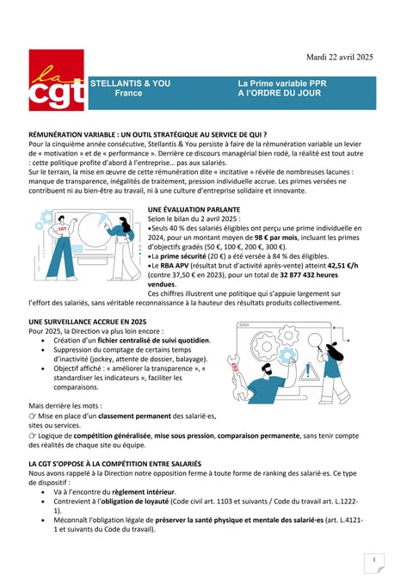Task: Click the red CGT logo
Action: (x=56, y=80)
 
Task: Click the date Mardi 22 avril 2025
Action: (x=340, y=57)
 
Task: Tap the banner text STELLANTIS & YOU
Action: (x=130, y=83)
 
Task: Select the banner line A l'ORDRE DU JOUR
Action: (x=280, y=93)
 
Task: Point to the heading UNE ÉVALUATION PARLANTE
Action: (x=194, y=210)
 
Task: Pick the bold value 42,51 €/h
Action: (x=342, y=266)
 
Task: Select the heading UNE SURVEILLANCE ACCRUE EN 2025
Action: (x=87, y=322)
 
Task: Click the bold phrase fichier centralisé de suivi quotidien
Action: (x=153, y=341)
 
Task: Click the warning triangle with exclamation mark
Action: (x=308, y=372)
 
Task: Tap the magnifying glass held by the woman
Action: (x=316, y=342)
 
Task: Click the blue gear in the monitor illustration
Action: (x=287, y=354)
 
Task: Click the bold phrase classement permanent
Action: (x=135, y=416)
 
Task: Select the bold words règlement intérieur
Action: (x=144, y=492)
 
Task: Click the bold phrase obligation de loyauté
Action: (x=135, y=501)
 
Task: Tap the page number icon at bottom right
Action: (x=374, y=563)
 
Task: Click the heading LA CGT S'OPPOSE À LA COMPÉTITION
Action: (x=115, y=464)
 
